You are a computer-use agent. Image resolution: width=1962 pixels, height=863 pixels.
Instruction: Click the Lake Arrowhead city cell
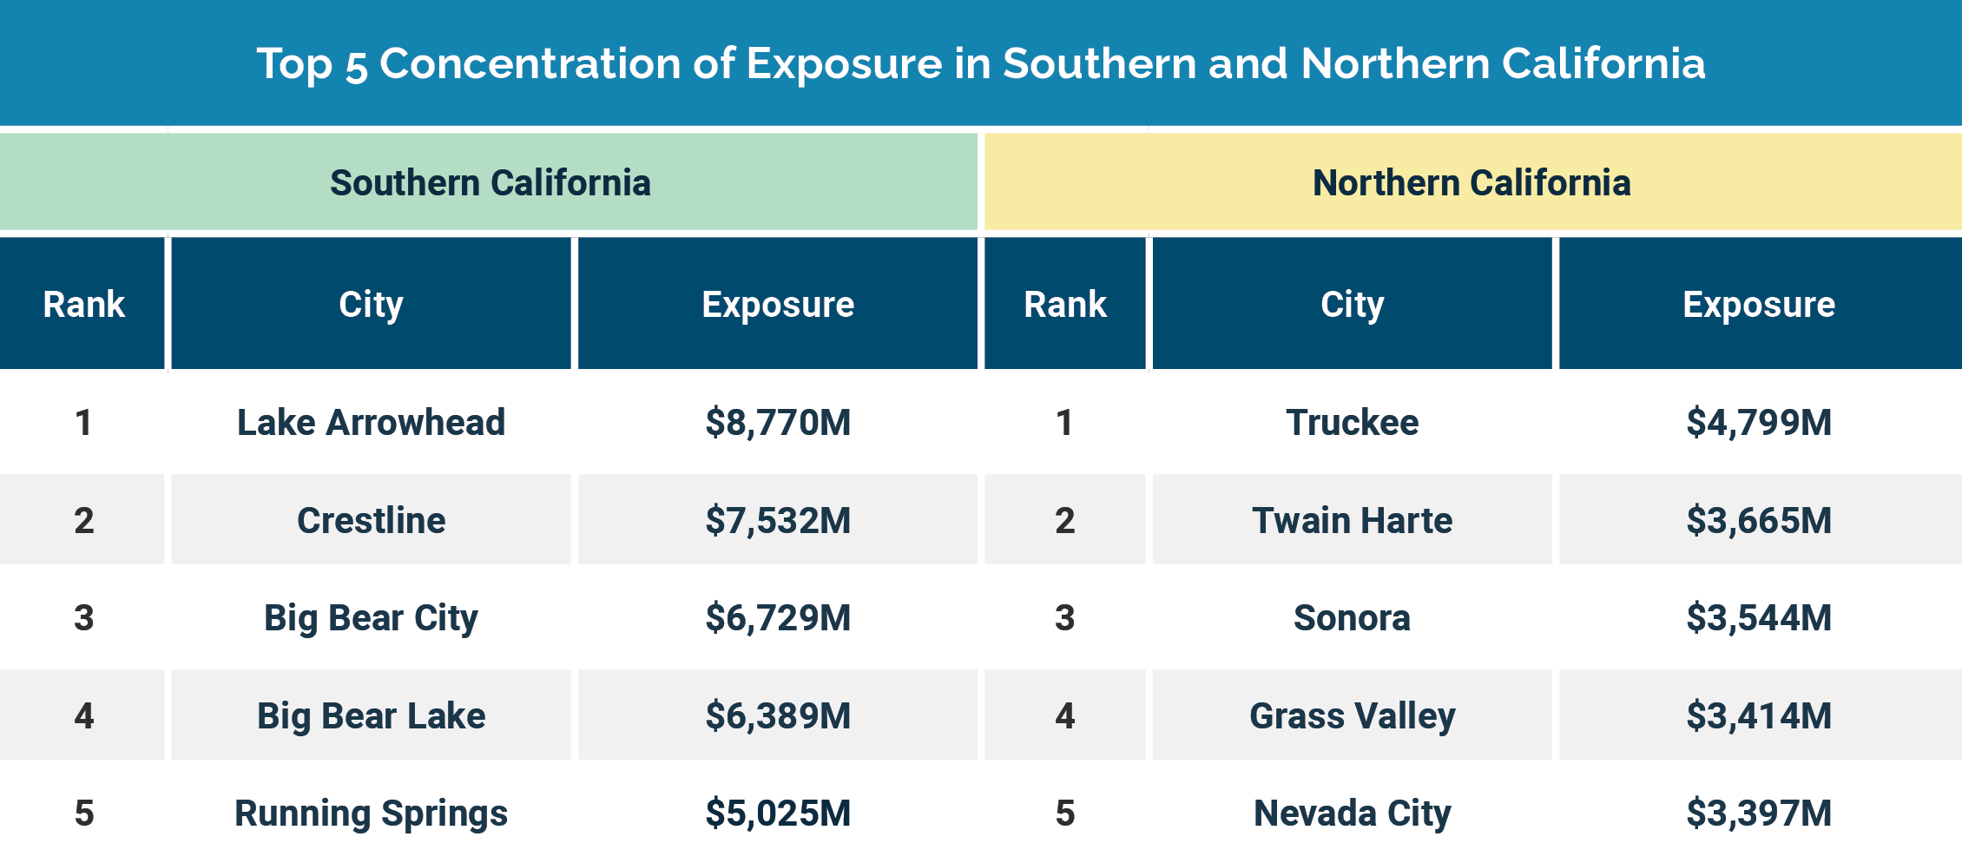[x=371, y=423]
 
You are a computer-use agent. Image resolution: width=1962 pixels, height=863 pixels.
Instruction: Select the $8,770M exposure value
[x=778, y=423]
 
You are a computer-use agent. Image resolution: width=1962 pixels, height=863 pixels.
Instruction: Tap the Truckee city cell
[x=1352, y=423]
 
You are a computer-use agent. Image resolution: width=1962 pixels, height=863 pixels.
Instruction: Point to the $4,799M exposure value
[x=1759, y=423]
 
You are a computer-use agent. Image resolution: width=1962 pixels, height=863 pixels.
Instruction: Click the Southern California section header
[x=490, y=183]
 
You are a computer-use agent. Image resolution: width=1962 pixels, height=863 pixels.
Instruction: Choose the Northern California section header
[x=1471, y=183]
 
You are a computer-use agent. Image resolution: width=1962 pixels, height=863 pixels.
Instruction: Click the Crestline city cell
[x=371, y=520]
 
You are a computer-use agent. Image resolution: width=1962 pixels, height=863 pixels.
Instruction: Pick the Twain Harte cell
[x=1352, y=520]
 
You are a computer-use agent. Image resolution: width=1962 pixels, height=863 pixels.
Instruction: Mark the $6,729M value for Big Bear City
[x=778, y=618]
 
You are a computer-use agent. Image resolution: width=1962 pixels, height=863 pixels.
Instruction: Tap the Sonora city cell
[x=1352, y=618]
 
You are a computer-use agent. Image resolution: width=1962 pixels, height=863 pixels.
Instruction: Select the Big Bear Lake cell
[x=371, y=715]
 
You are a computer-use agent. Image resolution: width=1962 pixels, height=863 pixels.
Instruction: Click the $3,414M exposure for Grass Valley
[x=1759, y=715]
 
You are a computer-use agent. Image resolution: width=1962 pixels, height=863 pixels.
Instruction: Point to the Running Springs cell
[x=371, y=814]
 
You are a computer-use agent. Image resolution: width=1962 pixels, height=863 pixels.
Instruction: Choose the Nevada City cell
[x=1352, y=814]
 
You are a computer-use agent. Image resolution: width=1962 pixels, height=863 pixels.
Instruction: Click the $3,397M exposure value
[x=1759, y=814]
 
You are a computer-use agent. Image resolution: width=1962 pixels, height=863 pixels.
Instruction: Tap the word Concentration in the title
[x=556, y=63]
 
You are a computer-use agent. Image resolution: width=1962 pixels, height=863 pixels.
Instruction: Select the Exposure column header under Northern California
[x=1759, y=305]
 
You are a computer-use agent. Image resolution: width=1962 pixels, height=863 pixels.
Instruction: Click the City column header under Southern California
[x=371, y=305]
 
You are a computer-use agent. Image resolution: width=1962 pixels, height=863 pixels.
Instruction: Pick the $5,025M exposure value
[x=778, y=814]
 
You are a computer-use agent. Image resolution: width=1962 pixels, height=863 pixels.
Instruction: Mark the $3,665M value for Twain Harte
[x=1759, y=520]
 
